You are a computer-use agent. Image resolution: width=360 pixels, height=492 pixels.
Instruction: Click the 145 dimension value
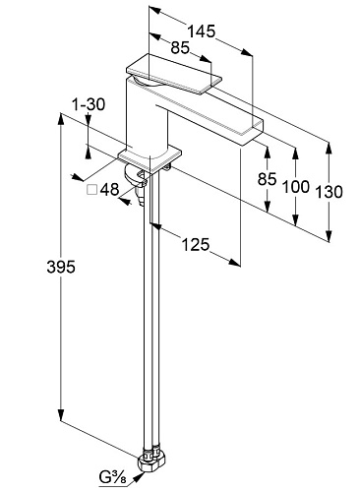click(x=201, y=31)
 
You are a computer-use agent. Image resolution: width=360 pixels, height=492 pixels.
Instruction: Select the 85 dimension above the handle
click(x=180, y=48)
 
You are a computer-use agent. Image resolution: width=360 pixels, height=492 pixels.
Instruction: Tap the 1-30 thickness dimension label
click(x=89, y=104)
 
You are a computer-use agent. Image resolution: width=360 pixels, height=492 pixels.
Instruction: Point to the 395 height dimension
click(x=61, y=267)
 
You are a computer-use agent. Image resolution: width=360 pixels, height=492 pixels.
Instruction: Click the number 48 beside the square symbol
click(x=109, y=190)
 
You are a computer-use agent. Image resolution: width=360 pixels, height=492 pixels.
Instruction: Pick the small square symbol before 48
click(x=91, y=190)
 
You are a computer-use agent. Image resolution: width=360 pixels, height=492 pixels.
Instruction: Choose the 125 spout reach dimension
click(x=196, y=244)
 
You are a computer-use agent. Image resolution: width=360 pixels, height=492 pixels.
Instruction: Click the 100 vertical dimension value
click(x=296, y=187)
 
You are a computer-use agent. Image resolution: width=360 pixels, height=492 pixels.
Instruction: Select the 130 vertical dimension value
click(x=329, y=192)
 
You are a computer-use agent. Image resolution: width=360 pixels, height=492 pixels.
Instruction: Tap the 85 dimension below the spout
click(x=268, y=179)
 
